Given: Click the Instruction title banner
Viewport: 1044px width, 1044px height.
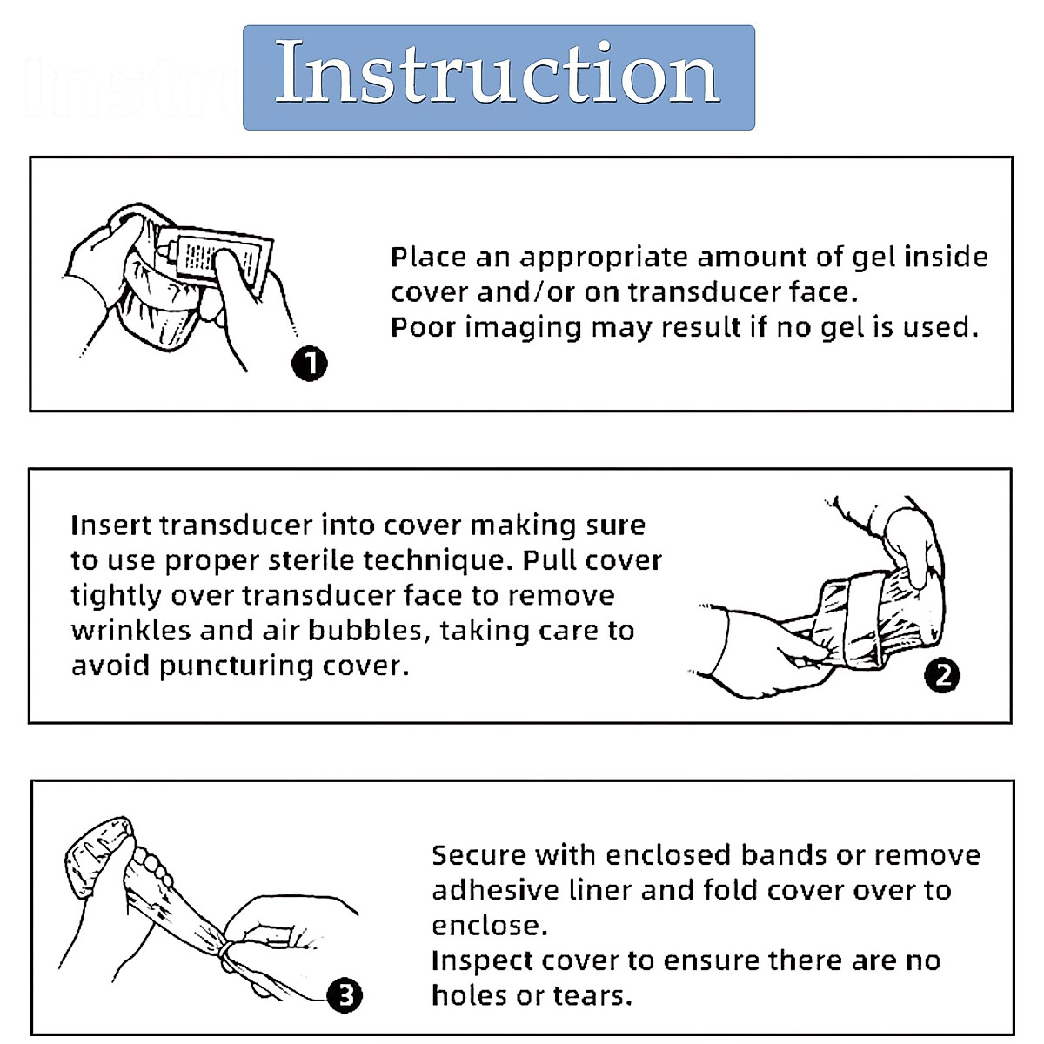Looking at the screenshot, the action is [499, 77].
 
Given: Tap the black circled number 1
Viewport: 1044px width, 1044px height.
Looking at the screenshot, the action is [310, 363].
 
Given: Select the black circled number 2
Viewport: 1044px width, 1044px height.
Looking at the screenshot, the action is [942, 675].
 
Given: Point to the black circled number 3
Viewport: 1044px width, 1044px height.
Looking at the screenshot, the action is [345, 995].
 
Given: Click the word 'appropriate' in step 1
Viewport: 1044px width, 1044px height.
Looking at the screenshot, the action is [604, 258].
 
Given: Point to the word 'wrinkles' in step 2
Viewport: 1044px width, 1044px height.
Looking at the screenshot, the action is [130, 630].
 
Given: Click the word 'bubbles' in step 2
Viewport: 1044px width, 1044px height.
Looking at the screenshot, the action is [369, 632].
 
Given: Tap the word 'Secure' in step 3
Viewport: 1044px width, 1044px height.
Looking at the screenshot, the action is [478, 855].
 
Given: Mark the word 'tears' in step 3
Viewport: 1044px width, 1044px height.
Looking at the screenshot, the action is [592, 996].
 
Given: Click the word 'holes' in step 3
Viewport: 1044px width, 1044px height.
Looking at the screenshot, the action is [469, 995].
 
